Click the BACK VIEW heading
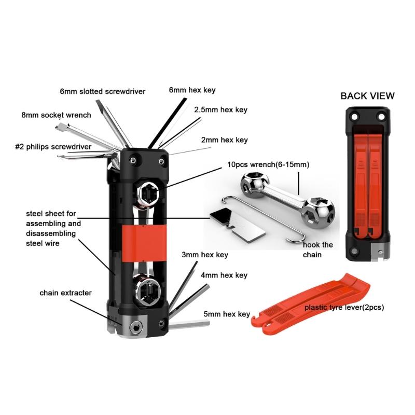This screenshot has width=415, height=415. pos(367,96)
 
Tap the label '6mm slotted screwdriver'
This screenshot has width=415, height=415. pos(103,92)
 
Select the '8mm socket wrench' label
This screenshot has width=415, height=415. pos(57,115)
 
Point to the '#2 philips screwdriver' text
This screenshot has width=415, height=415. pos(53,147)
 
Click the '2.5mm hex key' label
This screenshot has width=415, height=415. pos(221,110)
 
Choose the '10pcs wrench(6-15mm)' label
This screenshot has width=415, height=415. pos(268,164)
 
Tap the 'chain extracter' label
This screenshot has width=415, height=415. pos(66,293)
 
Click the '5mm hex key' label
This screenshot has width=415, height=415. pos(227,314)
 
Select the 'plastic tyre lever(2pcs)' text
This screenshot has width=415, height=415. pos(344,307)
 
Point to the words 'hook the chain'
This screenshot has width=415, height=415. pos(317,250)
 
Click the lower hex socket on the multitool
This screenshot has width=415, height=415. pos(148,292)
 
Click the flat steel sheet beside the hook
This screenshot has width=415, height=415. pos(238,225)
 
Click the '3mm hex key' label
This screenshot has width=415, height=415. pos(205,255)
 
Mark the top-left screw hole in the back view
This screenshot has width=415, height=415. pos(354,116)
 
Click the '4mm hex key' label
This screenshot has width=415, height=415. pos(224,275)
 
